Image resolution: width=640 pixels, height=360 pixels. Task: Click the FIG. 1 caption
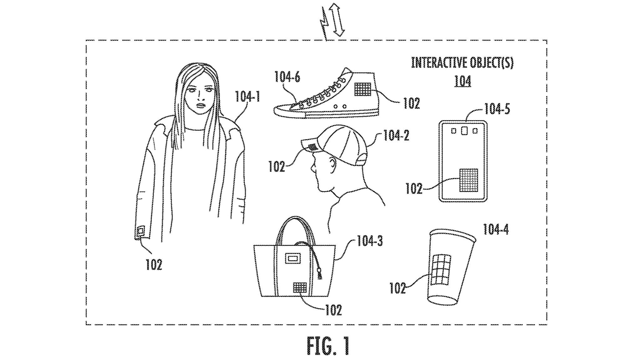[328, 346]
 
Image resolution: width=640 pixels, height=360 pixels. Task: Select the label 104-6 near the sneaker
[287, 77]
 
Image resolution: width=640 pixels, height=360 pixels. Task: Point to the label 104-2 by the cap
[396, 136]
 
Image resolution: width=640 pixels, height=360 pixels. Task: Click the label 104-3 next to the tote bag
[369, 241]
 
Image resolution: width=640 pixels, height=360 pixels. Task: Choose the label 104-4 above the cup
[495, 229]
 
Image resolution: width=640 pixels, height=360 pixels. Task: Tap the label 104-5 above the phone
[497, 109]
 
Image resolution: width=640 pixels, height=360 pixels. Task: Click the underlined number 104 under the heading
[463, 81]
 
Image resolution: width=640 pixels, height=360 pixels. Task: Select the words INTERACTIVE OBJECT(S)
[462, 63]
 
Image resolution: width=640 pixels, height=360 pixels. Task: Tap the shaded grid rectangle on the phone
[468, 180]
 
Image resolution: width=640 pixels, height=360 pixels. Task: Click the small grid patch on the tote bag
[300, 287]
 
